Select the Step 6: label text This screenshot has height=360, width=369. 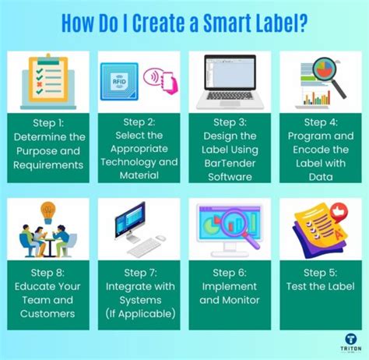(229, 273)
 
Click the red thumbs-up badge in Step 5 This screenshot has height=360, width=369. (338, 211)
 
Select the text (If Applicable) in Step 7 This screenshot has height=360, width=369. (140, 313)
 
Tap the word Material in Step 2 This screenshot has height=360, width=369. (139, 177)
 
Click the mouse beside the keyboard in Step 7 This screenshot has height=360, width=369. (160, 238)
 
